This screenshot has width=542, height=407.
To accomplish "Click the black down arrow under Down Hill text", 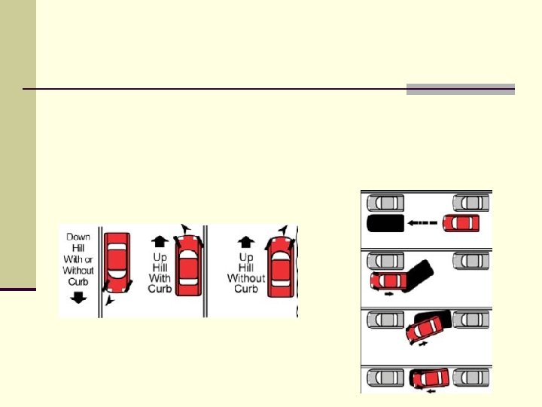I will click(x=78, y=298).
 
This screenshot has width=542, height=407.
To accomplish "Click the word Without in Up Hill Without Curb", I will click(x=246, y=278).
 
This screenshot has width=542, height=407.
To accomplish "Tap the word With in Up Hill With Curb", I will click(x=160, y=278).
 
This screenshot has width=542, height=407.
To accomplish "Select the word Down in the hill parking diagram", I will click(x=78, y=237).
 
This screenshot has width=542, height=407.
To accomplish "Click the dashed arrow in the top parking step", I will click(x=423, y=223).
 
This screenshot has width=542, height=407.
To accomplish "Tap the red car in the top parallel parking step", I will click(x=461, y=223).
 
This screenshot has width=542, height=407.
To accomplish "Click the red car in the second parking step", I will click(x=387, y=281).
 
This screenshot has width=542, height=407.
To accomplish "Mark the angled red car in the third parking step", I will click(x=425, y=329).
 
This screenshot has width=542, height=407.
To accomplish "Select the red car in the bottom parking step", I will click(x=430, y=378).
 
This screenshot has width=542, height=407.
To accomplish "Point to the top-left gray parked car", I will click(x=384, y=202).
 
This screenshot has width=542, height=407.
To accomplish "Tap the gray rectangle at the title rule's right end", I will click(x=461, y=89).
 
